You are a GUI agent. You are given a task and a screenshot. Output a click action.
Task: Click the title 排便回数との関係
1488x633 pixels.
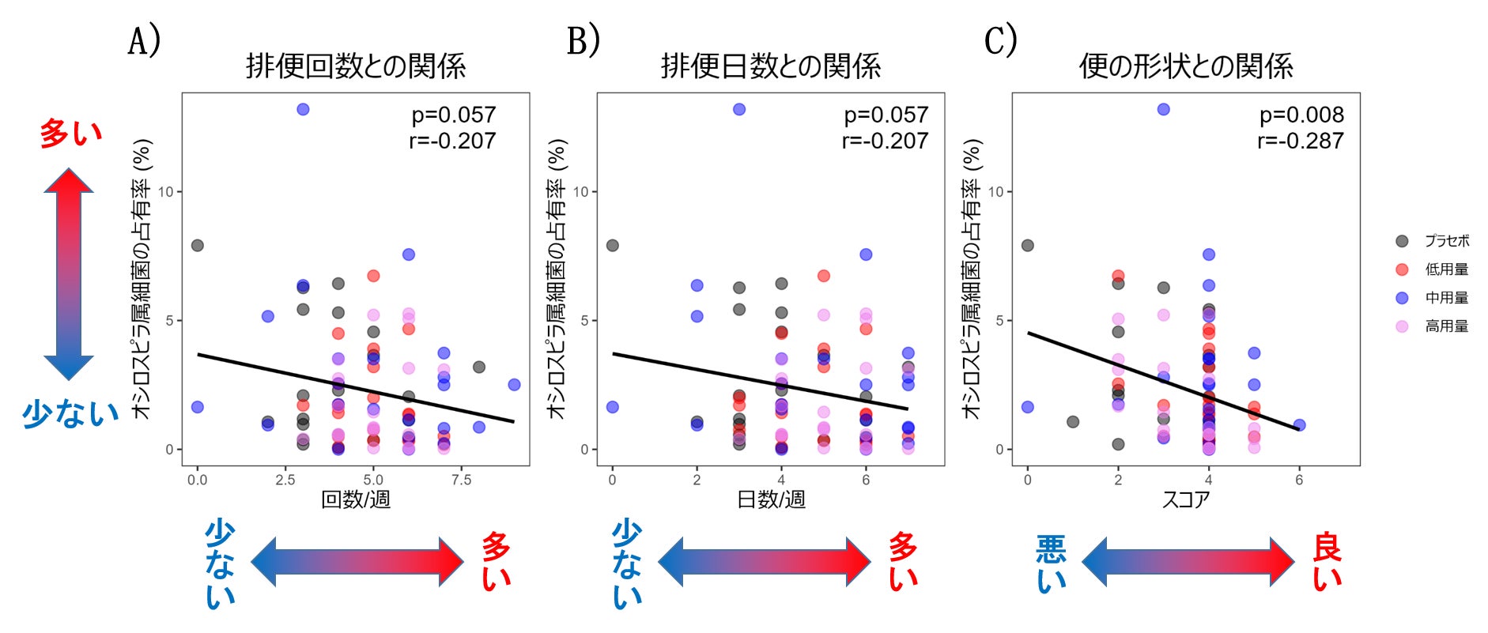point(356,66)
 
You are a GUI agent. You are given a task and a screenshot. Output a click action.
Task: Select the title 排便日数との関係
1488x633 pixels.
point(771,66)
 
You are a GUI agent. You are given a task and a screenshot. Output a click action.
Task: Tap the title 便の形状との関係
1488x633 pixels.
point(1186,66)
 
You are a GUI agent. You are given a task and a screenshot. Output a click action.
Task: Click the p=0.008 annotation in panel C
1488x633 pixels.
point(1301,115)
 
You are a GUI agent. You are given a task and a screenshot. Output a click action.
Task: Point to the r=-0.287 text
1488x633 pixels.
point(1301,141)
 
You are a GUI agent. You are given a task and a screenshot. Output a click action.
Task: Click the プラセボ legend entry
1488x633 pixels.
point(1447,241)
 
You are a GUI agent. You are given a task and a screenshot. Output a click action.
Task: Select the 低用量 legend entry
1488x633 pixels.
point(1447,269)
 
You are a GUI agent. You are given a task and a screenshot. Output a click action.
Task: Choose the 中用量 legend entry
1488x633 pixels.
point(1447,298)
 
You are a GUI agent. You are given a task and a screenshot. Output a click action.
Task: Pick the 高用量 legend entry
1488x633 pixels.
point(1447,326)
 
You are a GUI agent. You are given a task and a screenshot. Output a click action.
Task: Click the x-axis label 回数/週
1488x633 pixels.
point(356,499)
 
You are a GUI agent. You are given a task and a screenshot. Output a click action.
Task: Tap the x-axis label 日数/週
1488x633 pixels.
point(771,499)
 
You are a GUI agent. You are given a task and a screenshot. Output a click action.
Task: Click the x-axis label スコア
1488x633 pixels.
point(1185,499)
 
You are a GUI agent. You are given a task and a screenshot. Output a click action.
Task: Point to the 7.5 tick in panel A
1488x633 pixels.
point(461,480)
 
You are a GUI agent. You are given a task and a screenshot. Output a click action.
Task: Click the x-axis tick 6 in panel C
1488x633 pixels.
point(1299,480)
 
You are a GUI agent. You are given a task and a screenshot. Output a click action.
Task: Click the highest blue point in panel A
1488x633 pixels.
point(303,109)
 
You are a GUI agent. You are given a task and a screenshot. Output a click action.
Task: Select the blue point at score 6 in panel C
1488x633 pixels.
point(1299,425)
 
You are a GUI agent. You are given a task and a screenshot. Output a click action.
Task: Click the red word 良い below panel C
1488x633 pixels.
point(1327,563)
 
